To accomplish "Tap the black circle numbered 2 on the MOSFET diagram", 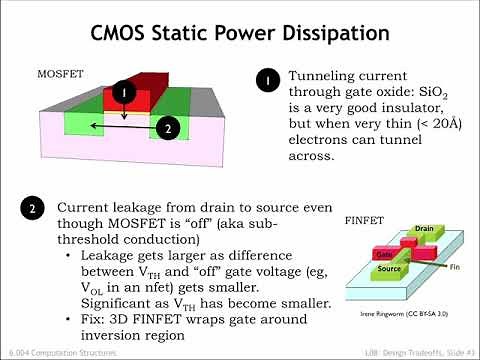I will (169, 127).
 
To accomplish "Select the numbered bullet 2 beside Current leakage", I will (33, 209).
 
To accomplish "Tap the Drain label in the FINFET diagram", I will (423, 230).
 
